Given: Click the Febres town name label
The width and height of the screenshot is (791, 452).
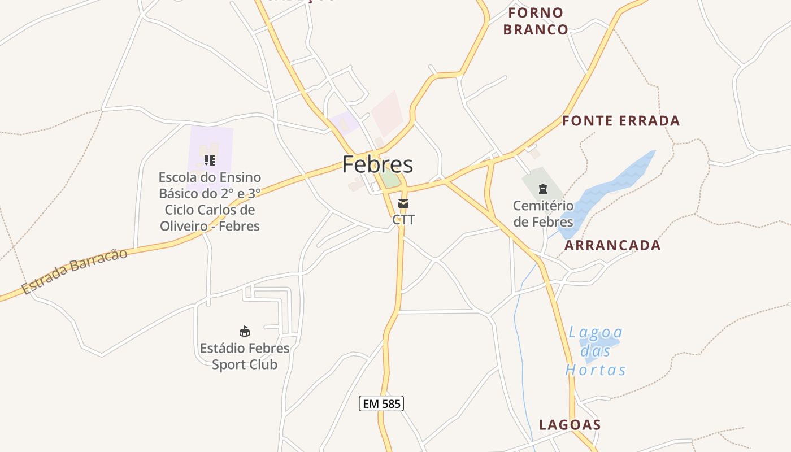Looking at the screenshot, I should [x=377, y=164].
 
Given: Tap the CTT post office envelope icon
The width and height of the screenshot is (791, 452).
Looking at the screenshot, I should [x=403, y=203].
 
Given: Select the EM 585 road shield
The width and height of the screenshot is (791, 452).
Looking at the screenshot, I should [x=381, y=403].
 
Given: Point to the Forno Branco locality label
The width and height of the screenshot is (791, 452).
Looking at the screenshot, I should [x=536, y=21].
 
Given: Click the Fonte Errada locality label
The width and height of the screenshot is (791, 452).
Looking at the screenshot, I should [x=621, y=121].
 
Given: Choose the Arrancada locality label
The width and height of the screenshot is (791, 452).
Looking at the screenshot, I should [x=612, y=245].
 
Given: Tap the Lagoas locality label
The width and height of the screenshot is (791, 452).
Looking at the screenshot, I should [x=570, y=425].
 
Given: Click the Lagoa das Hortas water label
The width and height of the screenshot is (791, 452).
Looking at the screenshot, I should [x=596, y=351].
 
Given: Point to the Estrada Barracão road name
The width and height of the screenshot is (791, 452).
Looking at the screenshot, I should [x=75, y=271].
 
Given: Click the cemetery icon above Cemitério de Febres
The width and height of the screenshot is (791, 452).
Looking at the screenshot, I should [x=543, y=189].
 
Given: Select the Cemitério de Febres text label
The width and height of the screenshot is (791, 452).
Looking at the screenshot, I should [x=543, y=214].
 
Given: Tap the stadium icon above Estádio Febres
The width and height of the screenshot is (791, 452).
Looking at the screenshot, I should [x=245, y=331].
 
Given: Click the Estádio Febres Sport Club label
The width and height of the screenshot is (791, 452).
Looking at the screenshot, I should [x=245, y=356].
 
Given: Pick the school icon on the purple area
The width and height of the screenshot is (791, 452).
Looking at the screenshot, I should [x=210, y=160].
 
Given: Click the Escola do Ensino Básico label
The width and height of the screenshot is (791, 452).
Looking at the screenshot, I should [x=210, y=202].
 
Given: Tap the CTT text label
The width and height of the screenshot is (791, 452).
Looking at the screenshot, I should [x=403, y=220].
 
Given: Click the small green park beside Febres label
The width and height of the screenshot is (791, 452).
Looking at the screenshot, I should [x=389, y=179].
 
